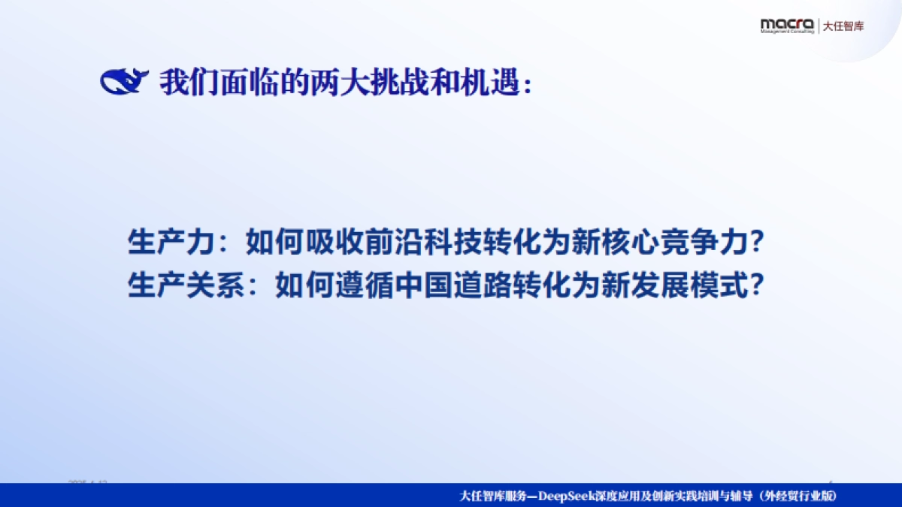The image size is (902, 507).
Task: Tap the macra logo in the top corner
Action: point(786,26)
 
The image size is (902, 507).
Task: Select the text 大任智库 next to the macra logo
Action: point(843,26)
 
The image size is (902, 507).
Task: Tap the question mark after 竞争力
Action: point(758,244)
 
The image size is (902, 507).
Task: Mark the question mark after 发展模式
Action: point(758,286)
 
